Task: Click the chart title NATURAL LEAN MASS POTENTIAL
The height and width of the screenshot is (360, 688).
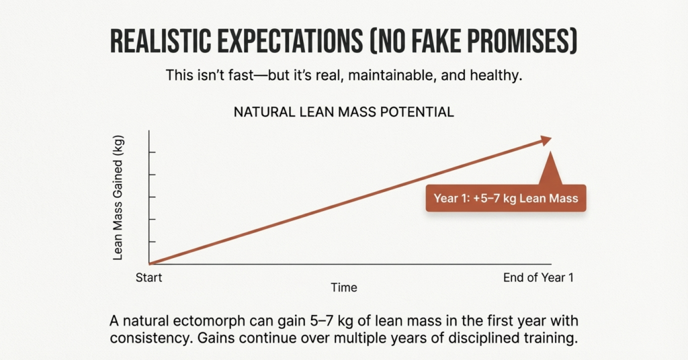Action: [x=343, y=112]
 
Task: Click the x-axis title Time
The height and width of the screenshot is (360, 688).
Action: [x=343, y=287]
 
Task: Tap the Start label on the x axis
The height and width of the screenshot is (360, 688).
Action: [x=149, y=277]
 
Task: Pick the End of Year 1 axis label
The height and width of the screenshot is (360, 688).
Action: [x=538, y=277]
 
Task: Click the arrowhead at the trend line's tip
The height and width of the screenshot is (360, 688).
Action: [x=544, y=140]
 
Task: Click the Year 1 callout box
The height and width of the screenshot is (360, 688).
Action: [x=506, y=199]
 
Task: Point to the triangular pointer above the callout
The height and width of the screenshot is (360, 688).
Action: [x=550, y=169]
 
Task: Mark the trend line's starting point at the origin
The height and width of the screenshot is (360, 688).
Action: [x=150, y=263]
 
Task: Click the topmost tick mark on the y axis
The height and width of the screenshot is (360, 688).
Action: [x=153, y=152]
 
